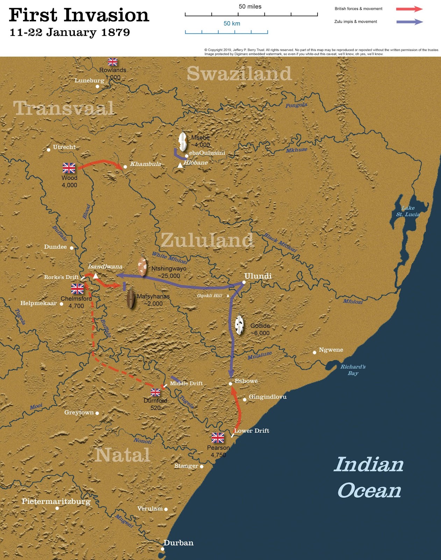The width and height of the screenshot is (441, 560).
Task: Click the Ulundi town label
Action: tap(258, 276)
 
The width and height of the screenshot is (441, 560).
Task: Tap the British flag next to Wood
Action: tap(69, 168)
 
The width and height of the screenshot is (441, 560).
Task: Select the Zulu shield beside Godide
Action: tap(239, 325)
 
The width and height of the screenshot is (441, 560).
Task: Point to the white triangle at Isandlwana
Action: tap(95, 276)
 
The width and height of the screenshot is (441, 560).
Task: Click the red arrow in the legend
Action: tap(409, 9)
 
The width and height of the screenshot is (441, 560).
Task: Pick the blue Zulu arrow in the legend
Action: tap(410, 22)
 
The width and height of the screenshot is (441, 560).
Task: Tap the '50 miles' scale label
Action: tap(250, 7)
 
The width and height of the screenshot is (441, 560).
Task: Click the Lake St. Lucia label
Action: tap(408, 211)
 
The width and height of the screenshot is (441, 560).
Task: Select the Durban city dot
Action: tap(163, 549)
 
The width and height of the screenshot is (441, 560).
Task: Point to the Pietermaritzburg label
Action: tap(56, 502)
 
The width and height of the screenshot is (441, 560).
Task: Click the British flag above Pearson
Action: tap(218, 437)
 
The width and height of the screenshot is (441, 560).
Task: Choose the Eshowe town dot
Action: tap(230, 384)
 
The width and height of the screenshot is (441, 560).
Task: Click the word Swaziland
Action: tap(239, 74)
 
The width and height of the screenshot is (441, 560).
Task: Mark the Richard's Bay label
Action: tap(353, 370)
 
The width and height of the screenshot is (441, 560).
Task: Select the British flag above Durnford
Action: tap(155, 392)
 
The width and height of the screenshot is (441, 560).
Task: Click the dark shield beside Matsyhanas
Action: tap(131, 299)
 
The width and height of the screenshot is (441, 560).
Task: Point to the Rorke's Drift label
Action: tap(61, 277)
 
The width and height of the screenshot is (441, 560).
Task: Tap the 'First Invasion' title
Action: tap(79, 15)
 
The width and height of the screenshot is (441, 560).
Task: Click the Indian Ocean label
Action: tap(369, 478)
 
